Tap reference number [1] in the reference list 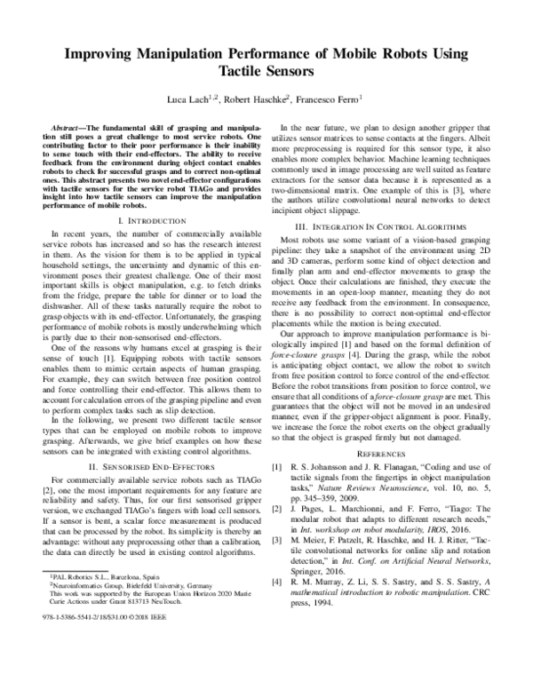(276, 490)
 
